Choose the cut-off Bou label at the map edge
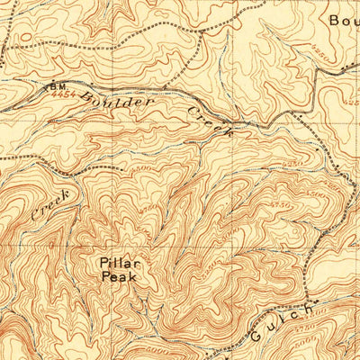[x=343, y=20]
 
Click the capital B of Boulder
[x=83, y=94]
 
